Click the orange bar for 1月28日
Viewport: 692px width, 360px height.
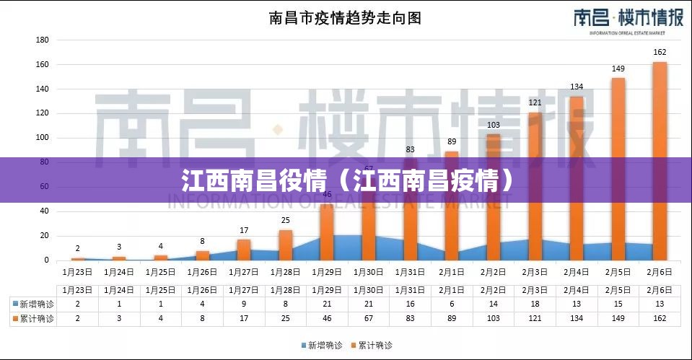click(x=286, y=245)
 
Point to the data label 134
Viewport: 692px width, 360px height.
click(x=577, y=87)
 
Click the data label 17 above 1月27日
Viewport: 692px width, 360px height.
click(x=244, y=230)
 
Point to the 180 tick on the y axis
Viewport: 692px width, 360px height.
click(x=42, y=40)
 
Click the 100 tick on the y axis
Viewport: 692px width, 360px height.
click(x=42, y=138)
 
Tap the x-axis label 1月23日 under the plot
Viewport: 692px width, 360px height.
click(x=78, y=272)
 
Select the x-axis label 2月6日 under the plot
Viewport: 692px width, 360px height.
click(x=660, y=272)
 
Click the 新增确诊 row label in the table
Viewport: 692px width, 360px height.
click(x=34, y=304)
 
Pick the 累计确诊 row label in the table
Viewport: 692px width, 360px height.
click(x=34, y=318)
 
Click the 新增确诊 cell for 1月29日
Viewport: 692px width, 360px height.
click(x=327, y=304)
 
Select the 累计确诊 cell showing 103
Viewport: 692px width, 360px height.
click(x=494, y=318)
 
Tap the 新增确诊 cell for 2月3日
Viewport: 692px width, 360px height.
click(x=535, y=304)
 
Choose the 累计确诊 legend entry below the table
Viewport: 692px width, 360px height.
click(x=372, y=346)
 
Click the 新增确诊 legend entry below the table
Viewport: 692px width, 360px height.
click(x=323, y=346)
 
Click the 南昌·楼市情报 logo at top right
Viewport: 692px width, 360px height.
click(x=628, y=19)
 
